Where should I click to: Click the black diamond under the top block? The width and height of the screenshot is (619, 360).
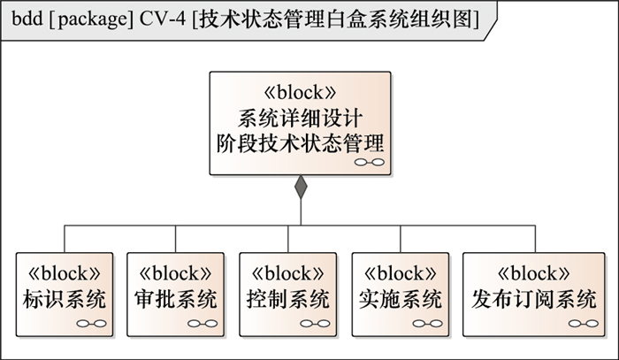[x=301, y=187]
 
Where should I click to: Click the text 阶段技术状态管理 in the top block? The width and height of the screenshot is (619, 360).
[x=302, y=142]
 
